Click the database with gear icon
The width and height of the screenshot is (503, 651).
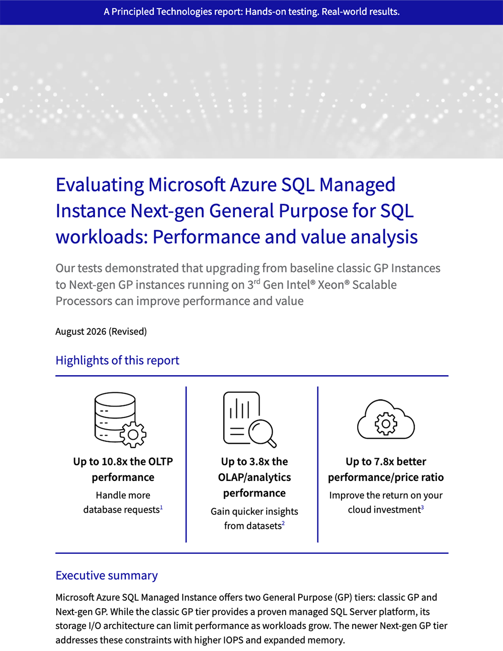click(120, 420)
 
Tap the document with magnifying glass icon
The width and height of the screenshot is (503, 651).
click(249, 420)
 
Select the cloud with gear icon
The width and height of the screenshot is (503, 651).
click(386, 420)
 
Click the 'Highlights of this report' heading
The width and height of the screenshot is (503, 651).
click(117, 360)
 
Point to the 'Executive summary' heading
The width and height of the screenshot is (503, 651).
click(107, 575)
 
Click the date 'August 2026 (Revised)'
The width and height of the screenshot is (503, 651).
click(101, 332)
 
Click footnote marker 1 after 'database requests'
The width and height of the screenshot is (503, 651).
click(161, 507)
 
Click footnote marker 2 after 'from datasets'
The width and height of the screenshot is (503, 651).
click(283, 523)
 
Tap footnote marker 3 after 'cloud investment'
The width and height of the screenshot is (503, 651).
click(423, 507)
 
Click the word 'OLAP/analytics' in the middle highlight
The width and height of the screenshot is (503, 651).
click(255, 477)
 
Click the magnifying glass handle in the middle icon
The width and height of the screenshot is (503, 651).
click(272, 443)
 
